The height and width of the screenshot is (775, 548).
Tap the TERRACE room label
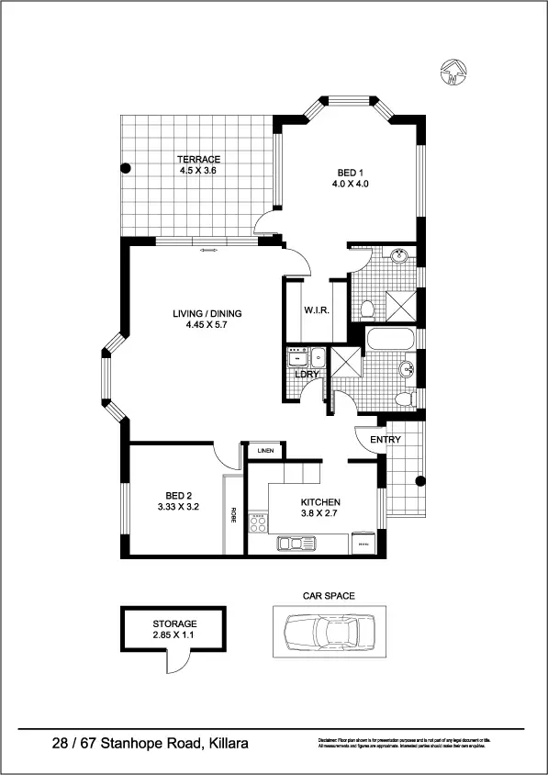[199, 160]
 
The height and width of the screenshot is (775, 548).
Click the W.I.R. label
[318, 309]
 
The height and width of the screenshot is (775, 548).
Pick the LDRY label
[307, 374]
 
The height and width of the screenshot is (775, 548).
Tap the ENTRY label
[386, 440]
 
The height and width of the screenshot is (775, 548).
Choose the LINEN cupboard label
[265, 451]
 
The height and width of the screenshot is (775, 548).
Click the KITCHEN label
[321, 502]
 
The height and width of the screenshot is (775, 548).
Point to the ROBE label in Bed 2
[234, 515]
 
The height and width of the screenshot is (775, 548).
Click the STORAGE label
[173, 623]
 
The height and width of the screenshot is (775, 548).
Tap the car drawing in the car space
[329, 633]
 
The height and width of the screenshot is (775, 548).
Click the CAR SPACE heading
[329, 596]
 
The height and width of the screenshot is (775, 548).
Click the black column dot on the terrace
[126, 168]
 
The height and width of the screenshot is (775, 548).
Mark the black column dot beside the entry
[421, 480]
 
